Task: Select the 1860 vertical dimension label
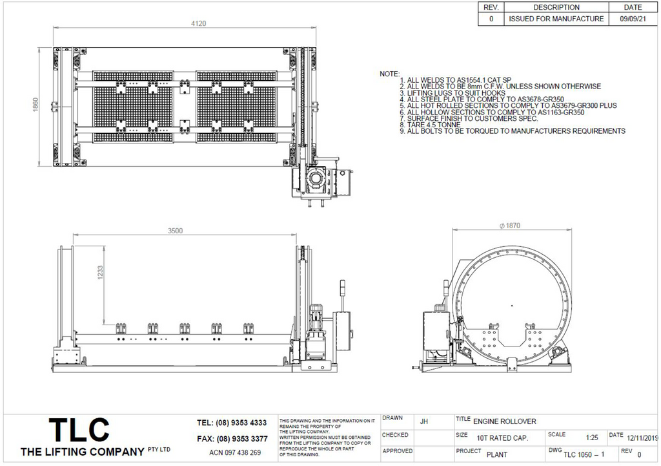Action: pyautogui.click(x=36, y=105)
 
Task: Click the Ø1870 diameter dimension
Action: pyautogui.click(x=510, y=226)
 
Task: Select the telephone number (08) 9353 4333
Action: pyautogui.click(x=232, y=423)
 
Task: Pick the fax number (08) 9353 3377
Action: pyautogui.click(x=232, y=439)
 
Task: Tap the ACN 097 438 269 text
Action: pyautogui.click(x=235, y=452)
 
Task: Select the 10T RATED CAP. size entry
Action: pyautogui.click(x=502, y=438)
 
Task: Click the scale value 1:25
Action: pyautogui.click(x=591, y=437)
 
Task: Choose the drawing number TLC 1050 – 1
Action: pyautogui.click(x=583, y=454)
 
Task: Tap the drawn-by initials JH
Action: pyautogui.click(x=423, y=421)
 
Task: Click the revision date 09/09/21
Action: pyautogui.click(x=633, y=19)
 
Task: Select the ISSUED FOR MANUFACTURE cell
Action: pyautogui.click(x=556, y=19)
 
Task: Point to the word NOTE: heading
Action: pyautogui.click(x=389, y=74)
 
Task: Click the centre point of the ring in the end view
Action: pyautogui.click(x=511, y=304)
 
